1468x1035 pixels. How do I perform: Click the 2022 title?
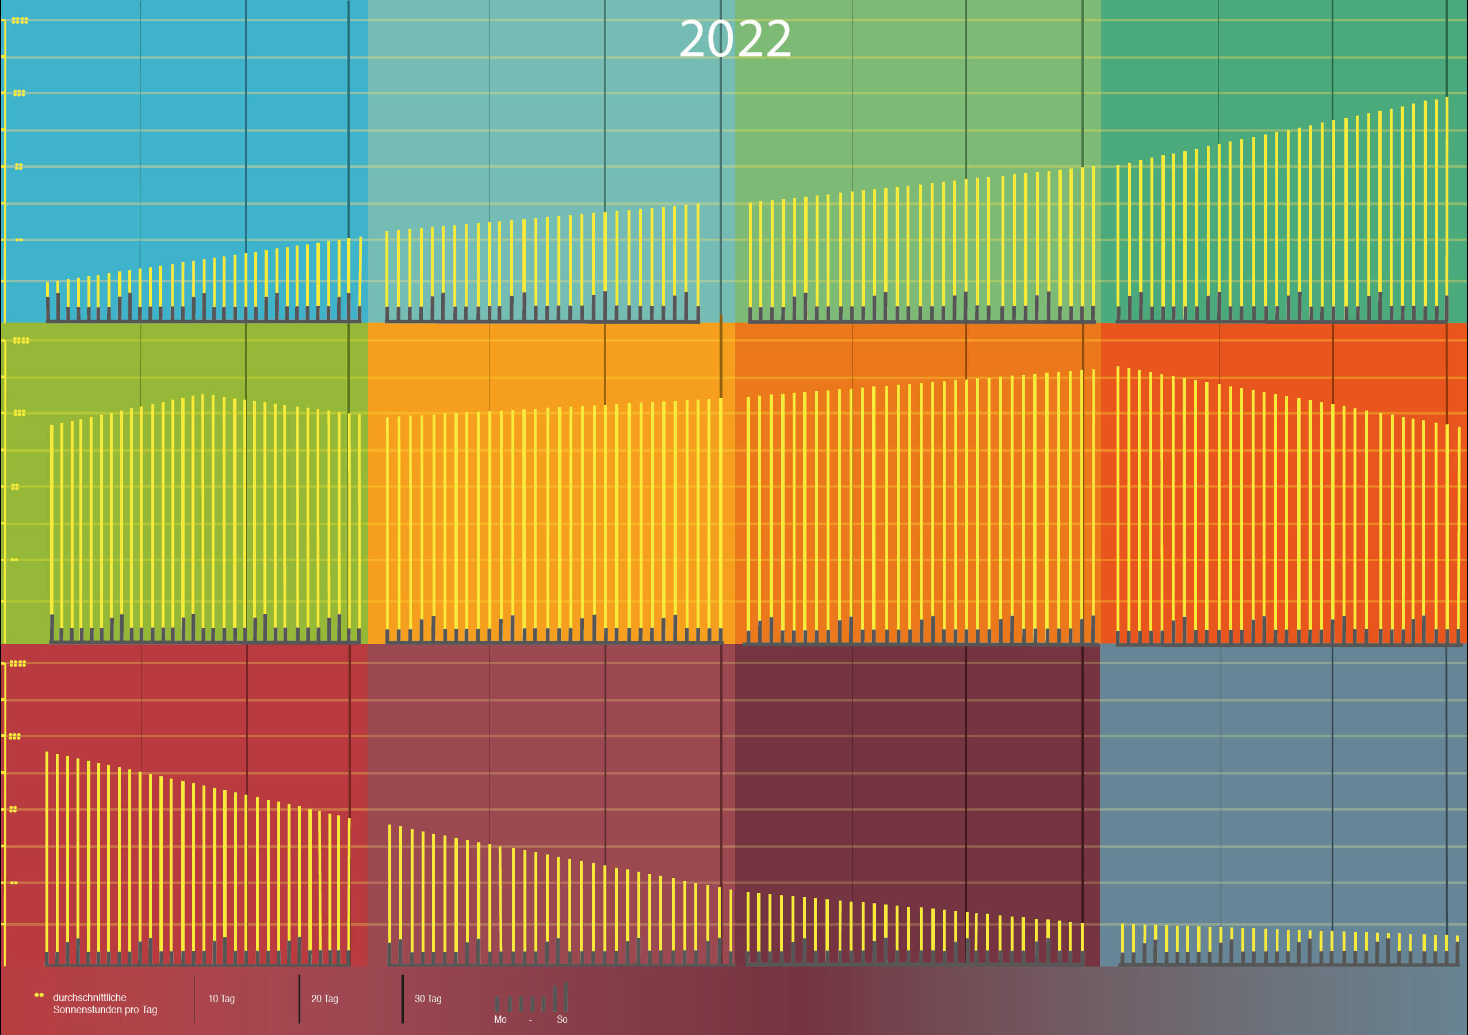(x=735, y=40)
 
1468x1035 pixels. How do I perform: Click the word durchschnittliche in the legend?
(x=90, y=997)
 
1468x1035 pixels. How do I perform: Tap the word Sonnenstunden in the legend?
(x=83, y=1010)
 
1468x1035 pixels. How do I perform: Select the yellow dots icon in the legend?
(x=39, y=995)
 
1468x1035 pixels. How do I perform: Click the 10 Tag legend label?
(x=221, y=999)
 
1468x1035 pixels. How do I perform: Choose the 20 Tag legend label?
(x=325, y=999)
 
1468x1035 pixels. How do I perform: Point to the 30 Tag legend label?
(x=428, y=999)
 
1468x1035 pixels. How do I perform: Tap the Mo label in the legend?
(x=500, y=1019)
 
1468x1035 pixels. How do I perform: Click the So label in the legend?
(x=562, y=1019)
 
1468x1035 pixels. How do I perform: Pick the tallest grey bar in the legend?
(x=566, y=997)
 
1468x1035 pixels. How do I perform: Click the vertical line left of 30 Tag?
(x=403, y=999)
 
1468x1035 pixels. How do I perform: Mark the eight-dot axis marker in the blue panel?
(x=20, y=21)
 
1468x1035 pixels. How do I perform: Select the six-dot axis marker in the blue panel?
(x=19, y=93)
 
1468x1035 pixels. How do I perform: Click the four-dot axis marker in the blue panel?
(x=19, y=166)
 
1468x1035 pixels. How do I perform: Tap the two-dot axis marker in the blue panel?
(x=19, y=240)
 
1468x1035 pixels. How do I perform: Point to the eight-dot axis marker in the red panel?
(x=18, y=664)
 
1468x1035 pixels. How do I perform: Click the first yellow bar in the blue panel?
(x=47, y=290)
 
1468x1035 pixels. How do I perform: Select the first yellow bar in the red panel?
(x=47, y=850)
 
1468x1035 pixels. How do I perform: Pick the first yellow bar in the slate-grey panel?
(x=1123, y=937)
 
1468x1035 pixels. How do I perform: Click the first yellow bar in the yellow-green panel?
(x=52, y=518)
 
